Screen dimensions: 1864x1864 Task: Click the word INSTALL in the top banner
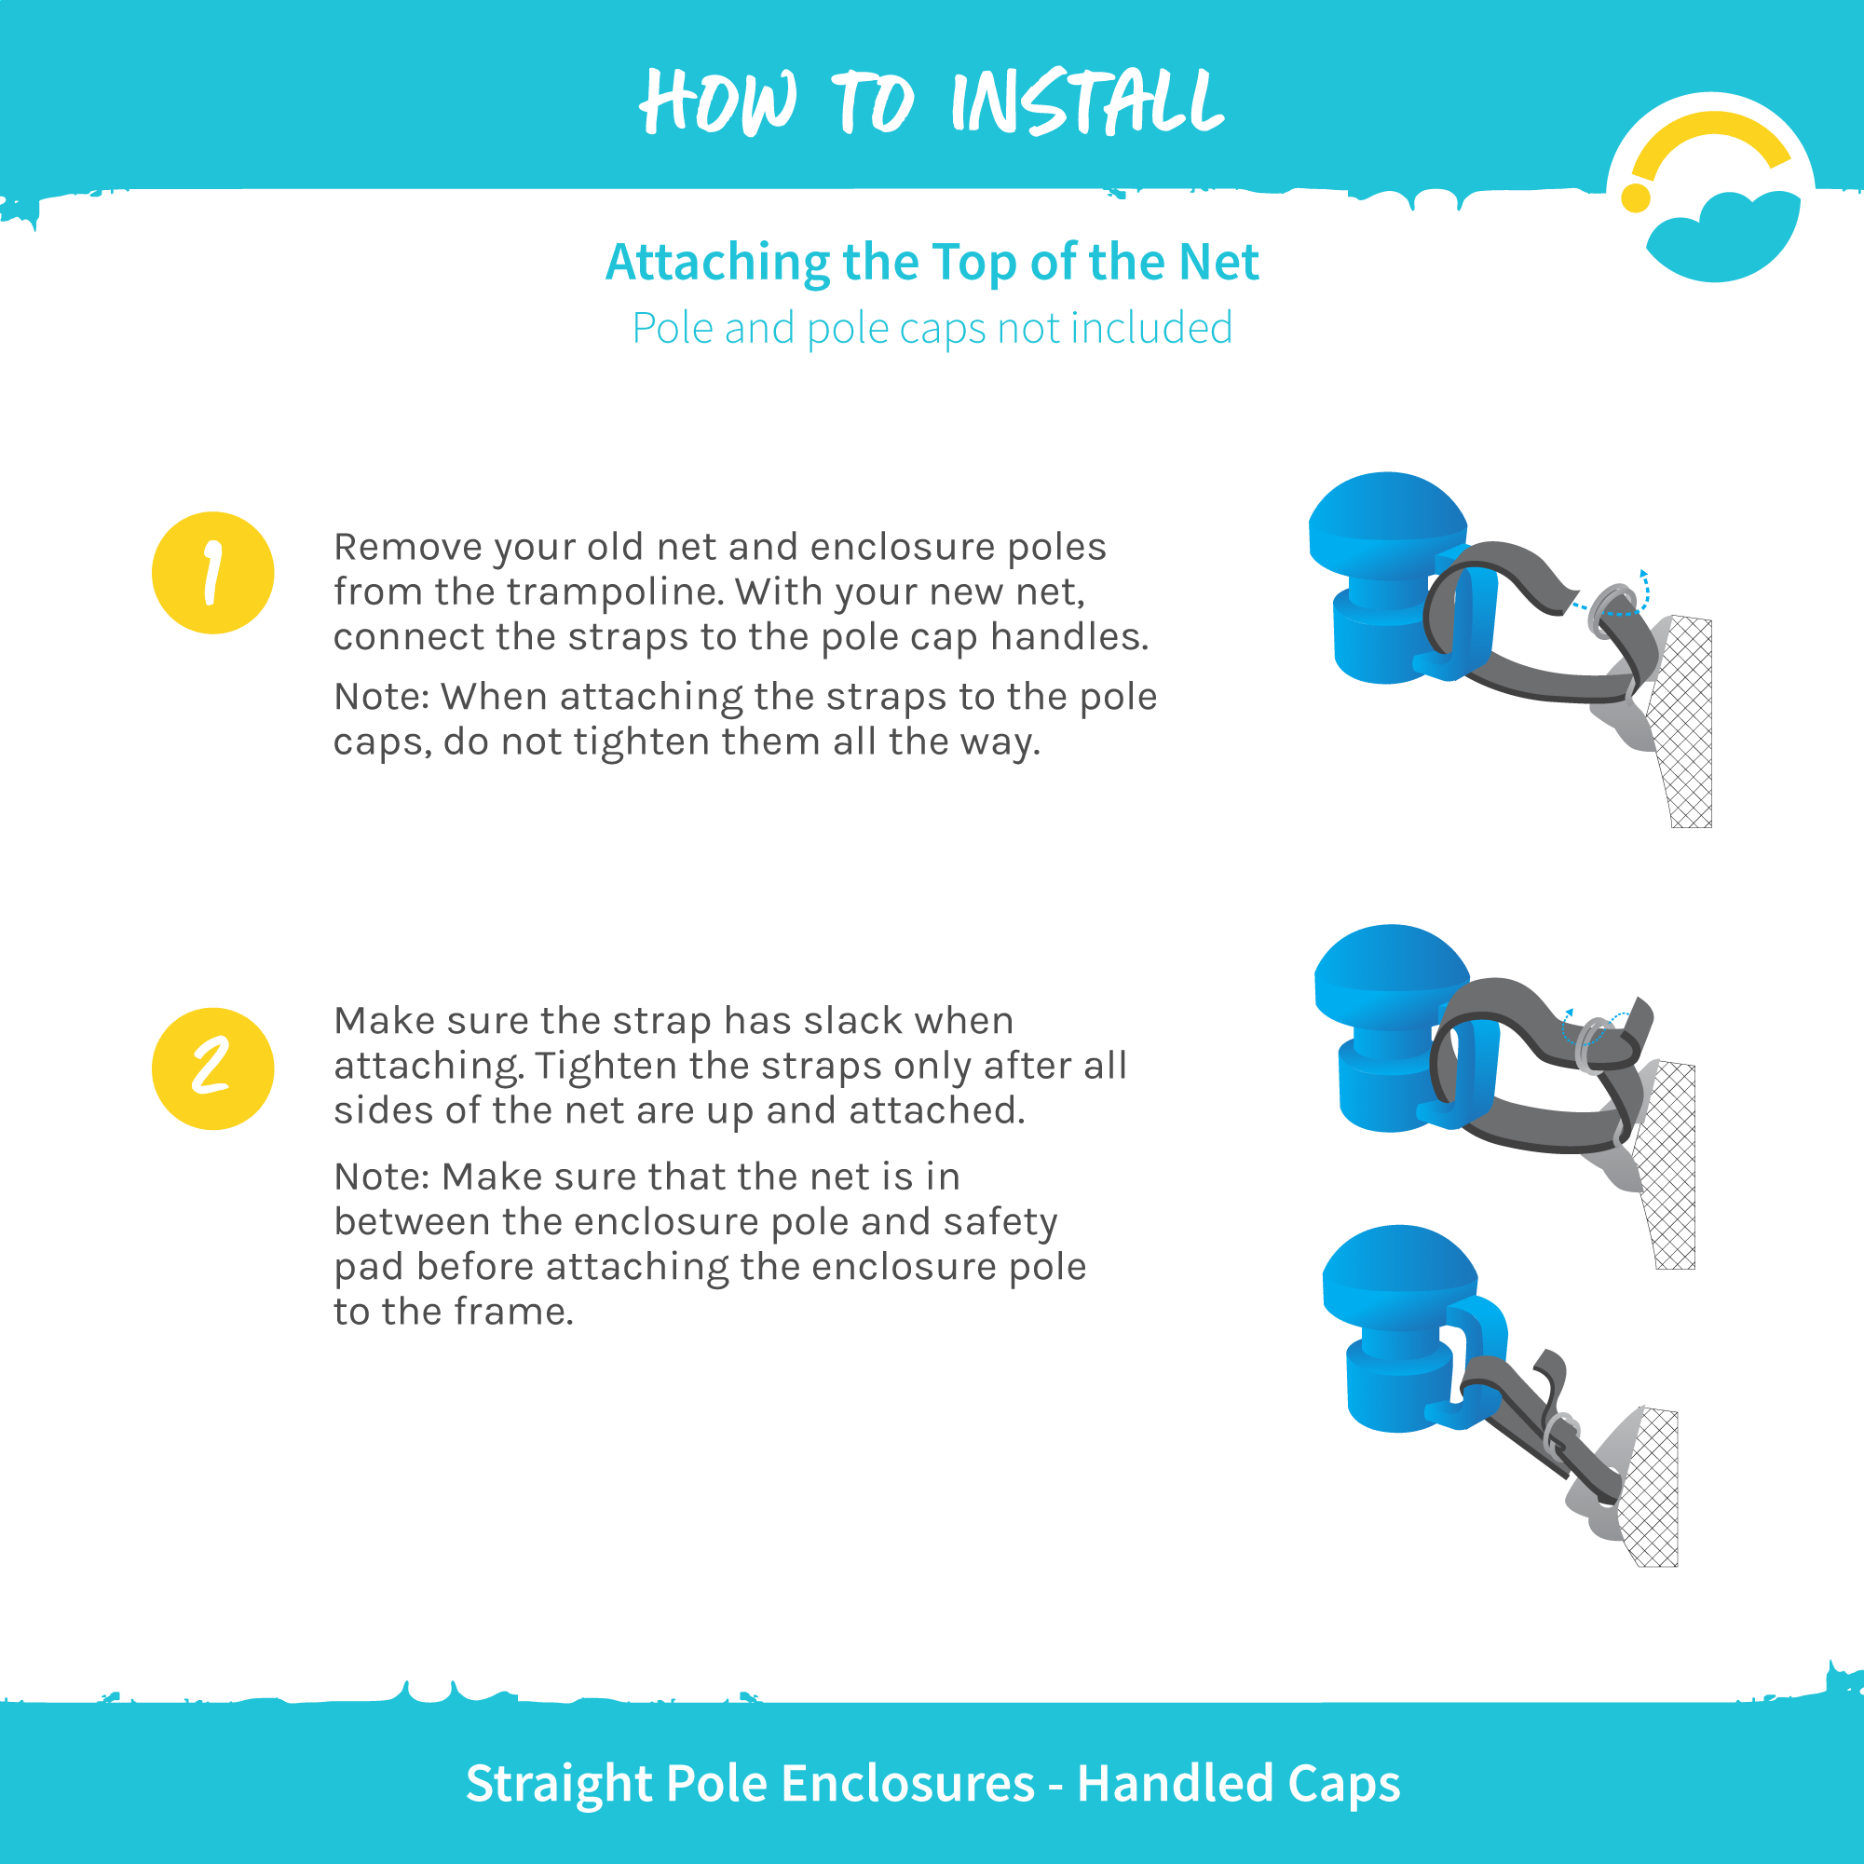1087,102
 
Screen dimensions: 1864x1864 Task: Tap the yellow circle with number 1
213,573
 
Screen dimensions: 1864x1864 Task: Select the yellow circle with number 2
213,1069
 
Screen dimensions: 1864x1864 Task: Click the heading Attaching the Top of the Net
932,263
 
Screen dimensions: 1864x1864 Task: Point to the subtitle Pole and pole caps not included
932,329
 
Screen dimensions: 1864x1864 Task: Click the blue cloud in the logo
1723,237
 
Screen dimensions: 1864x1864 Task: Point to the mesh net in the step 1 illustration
1683,722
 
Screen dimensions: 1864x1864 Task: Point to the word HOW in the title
719,102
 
